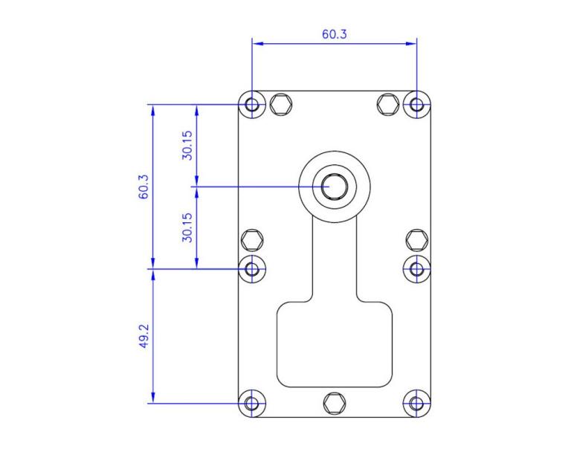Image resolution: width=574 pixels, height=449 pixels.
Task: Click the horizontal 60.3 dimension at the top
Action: pos(334,34)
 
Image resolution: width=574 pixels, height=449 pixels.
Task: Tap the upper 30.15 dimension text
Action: pos(187,145)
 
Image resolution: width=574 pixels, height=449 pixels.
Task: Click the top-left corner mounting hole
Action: pos(253,104)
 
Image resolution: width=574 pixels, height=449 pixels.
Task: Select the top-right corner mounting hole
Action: pos(416,104)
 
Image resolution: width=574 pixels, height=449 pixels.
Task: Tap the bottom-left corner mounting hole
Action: pos(253,404)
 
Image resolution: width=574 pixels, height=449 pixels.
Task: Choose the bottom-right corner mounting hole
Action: pos(416,404)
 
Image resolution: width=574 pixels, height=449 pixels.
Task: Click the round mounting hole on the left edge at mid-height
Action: pos(253,268)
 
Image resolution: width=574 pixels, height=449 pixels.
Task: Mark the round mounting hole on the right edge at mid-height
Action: pos(416,268)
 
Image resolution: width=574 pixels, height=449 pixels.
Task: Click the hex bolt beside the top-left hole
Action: pos(281,104)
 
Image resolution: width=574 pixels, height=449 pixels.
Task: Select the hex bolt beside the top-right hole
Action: pos(388,104)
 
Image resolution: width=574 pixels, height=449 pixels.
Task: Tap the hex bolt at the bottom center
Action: pos(335,404)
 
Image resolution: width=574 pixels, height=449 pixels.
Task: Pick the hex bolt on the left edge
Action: pos(253,240)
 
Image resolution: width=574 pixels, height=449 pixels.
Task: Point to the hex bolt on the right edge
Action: pos(416,240)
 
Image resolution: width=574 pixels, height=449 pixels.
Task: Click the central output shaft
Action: pos(335,186)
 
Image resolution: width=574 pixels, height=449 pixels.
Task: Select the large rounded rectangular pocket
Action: pos(335,344)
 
